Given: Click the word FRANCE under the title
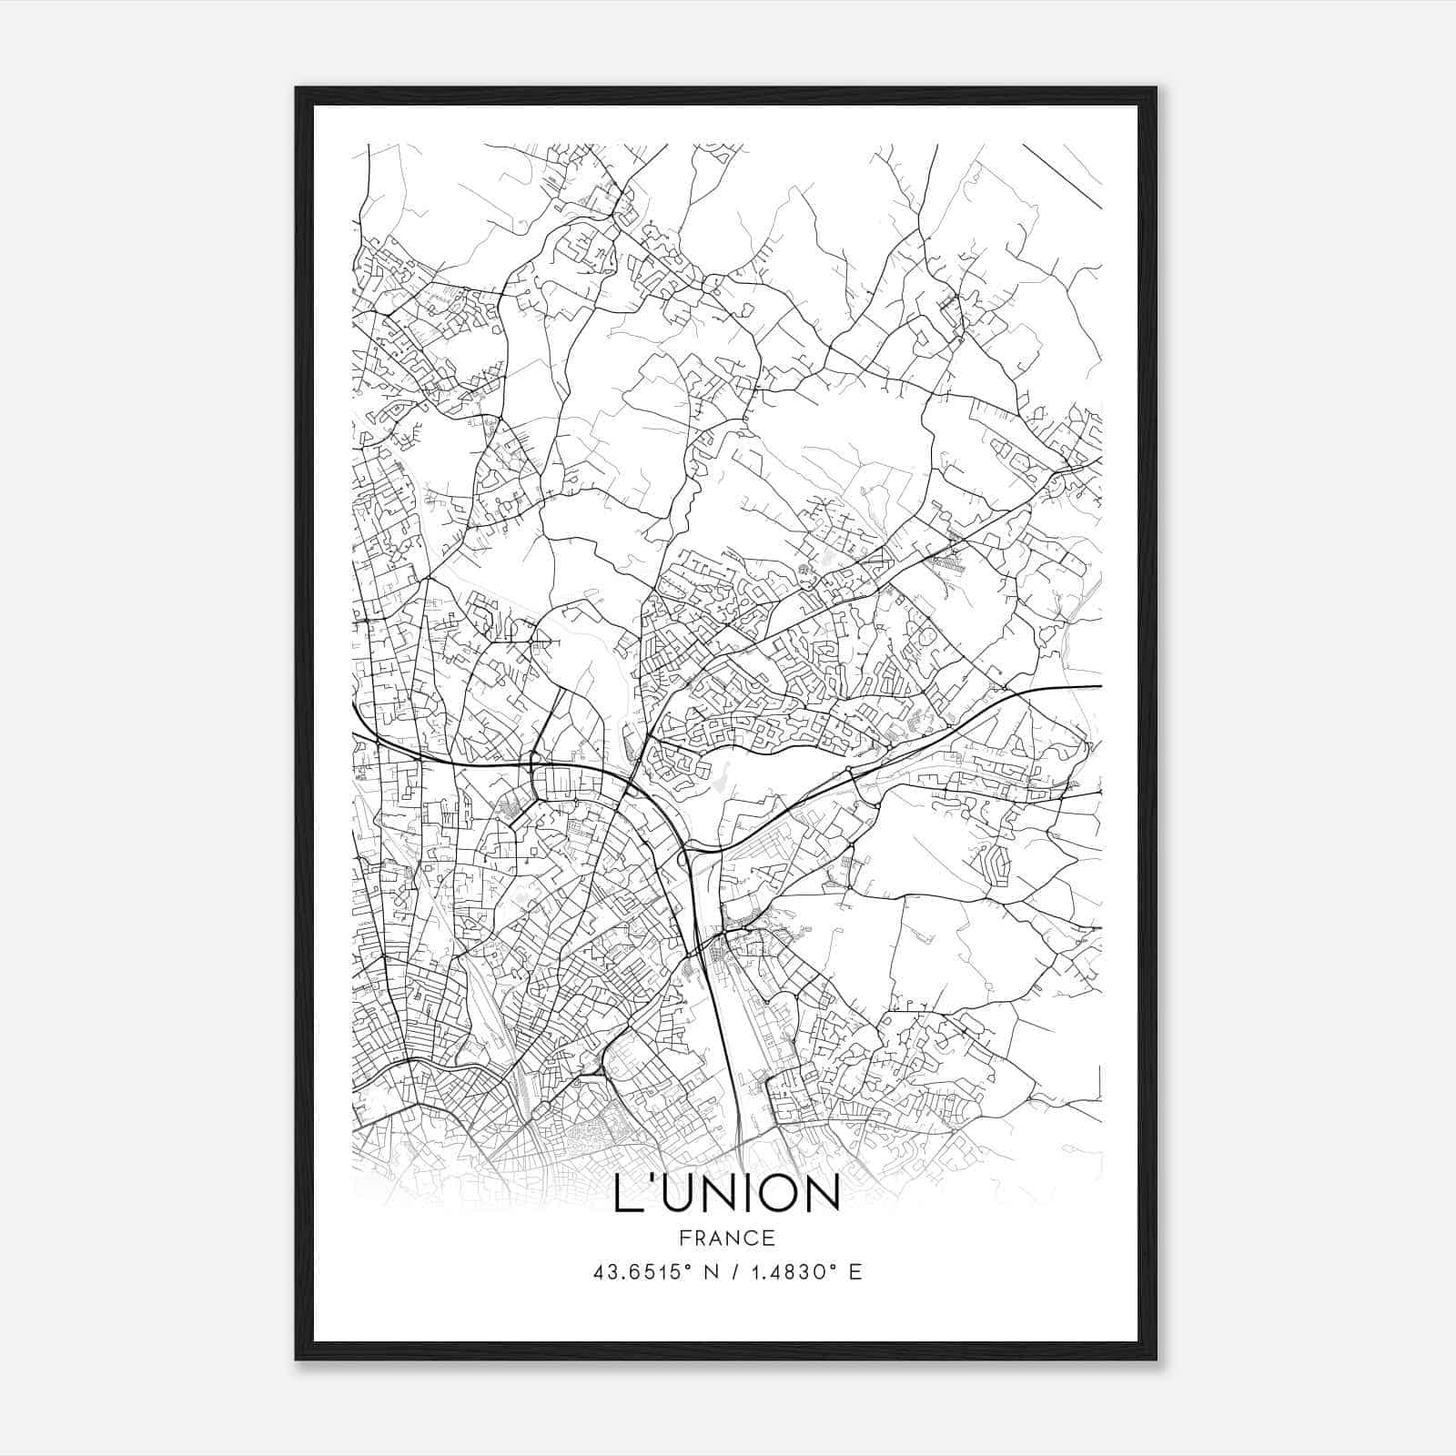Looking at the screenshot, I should [x=726, y=1238].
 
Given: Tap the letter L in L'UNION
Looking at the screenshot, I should [x=627, y=1194].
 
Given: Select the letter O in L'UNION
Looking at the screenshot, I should [x=770, y=1194].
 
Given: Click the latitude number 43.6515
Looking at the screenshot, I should [x=633, y=1272].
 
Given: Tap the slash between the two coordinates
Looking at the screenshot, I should [x=736, y=1272].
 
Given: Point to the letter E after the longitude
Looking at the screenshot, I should [x=854, y=1272].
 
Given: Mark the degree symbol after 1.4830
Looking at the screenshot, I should [x=833, y=1267].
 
